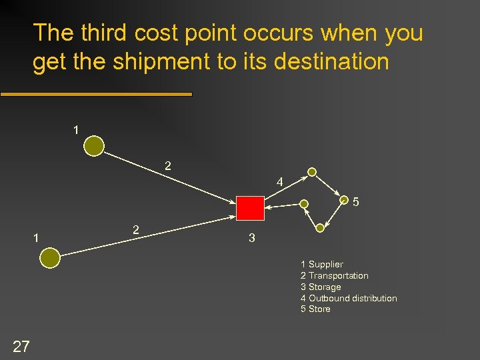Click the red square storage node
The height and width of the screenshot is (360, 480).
click(251, 208)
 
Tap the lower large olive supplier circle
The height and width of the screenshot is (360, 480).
click(50, 257)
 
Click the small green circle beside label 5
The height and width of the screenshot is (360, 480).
click(344, 199)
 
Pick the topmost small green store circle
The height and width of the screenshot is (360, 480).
click(312, 171)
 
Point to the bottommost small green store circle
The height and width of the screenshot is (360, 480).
click(320, 228)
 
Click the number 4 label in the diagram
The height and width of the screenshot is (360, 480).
click(279, 181)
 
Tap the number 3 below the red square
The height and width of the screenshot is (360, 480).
click(251, 237)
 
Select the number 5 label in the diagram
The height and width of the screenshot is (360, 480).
click(356, 201)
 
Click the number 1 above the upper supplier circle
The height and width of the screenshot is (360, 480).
click(76, 130)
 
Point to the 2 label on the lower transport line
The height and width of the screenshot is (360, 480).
click(136, 229)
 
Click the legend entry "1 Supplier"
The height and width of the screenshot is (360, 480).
click(321, 265)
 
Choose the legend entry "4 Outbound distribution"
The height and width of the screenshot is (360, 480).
click(349, 298)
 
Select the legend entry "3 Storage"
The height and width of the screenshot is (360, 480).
click(321, 287)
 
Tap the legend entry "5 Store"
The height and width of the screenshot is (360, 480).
click(315, 309)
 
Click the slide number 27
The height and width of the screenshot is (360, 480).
click(21, 345)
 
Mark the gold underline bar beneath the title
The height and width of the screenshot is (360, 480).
click(96, 95)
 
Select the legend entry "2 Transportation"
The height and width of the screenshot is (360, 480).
click(334, 275)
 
